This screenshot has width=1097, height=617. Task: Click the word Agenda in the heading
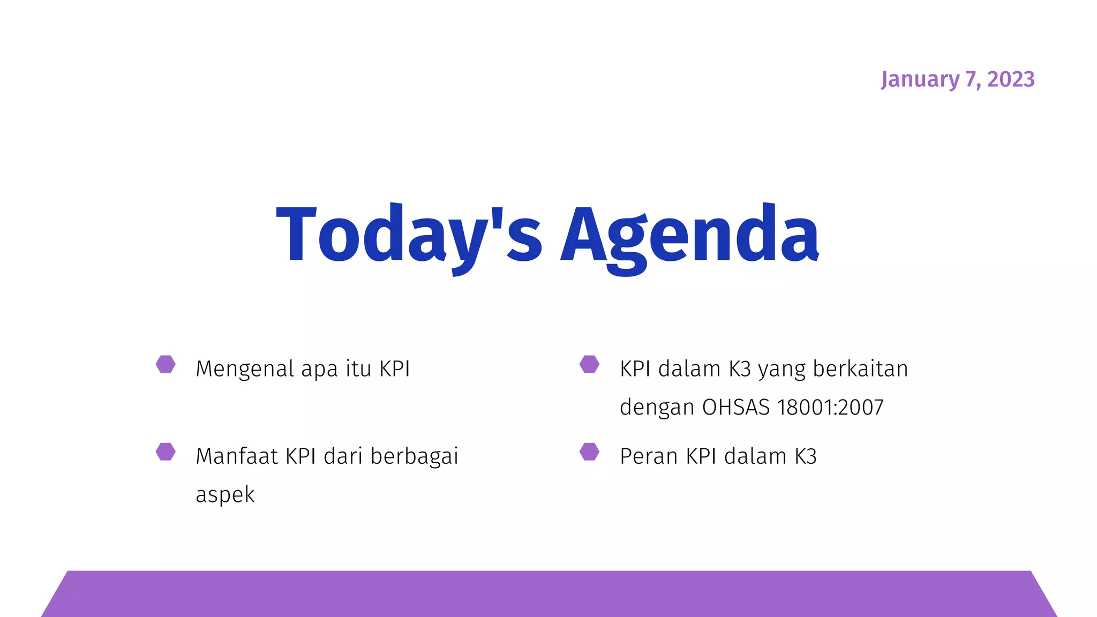coord(690,236)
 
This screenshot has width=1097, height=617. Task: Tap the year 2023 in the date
coord(1011,79)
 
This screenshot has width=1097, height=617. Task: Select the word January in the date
coord(920,79)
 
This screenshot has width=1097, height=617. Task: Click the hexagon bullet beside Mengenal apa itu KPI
coord(166,364)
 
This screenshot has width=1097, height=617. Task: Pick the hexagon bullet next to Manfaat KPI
coord(166,452)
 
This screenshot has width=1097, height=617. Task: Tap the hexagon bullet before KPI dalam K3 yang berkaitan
coord(589,364)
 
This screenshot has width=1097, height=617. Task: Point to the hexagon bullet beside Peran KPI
coord(589,452)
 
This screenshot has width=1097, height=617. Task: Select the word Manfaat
coord(237,456)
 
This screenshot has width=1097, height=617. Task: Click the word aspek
coord(225,495)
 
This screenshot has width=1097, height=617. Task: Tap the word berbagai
coord(414,456)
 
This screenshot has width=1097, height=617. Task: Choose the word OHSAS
coord(735,408)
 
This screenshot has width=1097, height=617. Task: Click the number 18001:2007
coord(830,408)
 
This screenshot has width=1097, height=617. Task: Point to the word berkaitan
coord(860,369)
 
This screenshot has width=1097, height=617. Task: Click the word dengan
coord(657,408)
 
